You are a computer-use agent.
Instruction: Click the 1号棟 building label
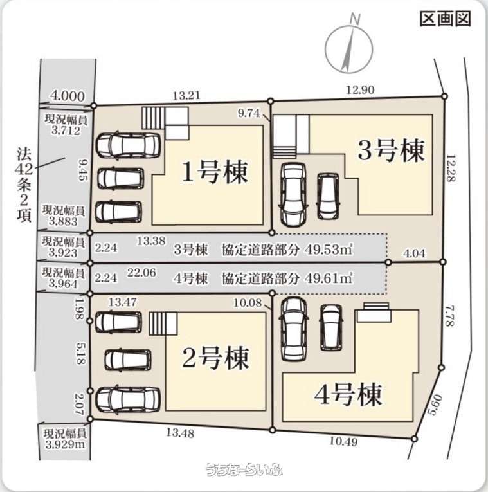pos(215,172)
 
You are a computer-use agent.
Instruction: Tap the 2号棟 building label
pos(215,358)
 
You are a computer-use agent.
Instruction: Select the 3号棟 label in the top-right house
pos(391,150)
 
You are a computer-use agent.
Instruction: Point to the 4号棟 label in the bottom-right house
pos(348,394)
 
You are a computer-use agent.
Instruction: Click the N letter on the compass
pos(355,19)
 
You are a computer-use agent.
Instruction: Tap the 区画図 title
pos(446,19)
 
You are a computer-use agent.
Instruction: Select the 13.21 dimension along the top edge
pos(186,95)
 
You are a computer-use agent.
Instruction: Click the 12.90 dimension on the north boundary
pos(360,90)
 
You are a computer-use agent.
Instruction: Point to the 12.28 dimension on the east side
pos(451,168)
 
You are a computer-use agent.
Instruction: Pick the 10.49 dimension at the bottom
pos(343,441)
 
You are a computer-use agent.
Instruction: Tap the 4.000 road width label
pos(68,96)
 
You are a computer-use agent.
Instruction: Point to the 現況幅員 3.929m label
pos(65,439)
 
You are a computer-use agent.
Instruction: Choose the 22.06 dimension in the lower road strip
pos(141,272)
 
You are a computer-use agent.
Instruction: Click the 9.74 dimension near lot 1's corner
pos(249,113)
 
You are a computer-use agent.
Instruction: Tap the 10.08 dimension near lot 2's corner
pos(248,303)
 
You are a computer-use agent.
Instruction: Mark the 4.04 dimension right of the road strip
pos(415,253)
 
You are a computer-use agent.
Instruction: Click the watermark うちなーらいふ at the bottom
pos(244,469)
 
